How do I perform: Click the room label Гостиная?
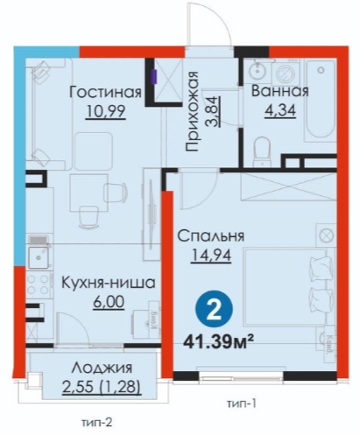pyautogui.click(x=105, y=92)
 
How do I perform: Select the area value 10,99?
pyautogui.click(x=106, y=111)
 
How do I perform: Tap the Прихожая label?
pyautogui.click(x=192, y=111)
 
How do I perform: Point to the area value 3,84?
pyautogui.click(x=212, y=111)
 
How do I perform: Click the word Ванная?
pyautogui.click(x=279, y=91)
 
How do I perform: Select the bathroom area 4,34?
pyautogui.click(x=280, y=110)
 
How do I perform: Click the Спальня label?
pyautogui.click(x=211, y=236)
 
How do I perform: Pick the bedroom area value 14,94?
pyautogui.click(x=211, y=256)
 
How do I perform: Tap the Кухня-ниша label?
pyautogui.click(x=109, y=283)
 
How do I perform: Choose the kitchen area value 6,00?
pyautogui.click(x=109, y=302)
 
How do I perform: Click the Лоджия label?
pyautogui.click(x=102, y=368)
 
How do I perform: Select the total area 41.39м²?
pyautogui.click(x=218, y=341)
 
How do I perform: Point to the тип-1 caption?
pyautogui.click(x=242, y=403)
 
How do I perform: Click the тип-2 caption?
pyautogui.click(x=97, y=422)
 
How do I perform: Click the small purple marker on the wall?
pyautogui.click(x=155, y=77)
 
